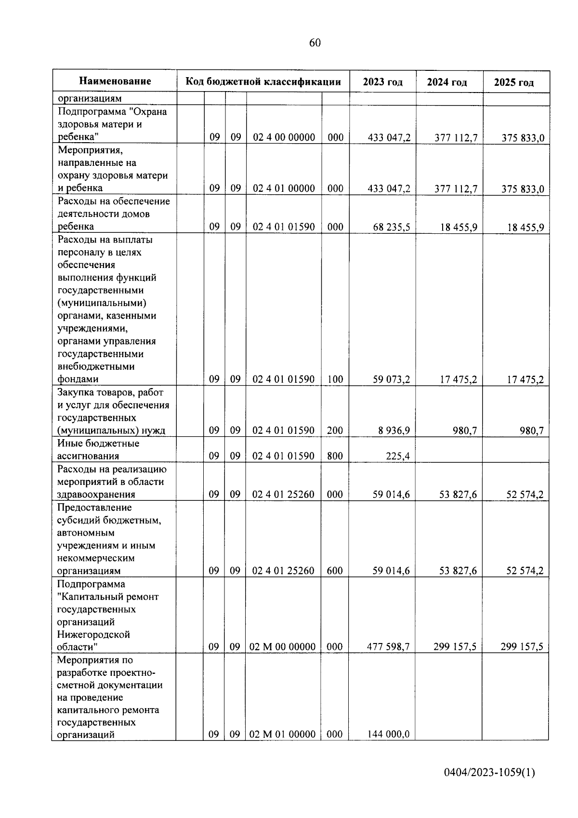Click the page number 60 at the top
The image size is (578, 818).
(315, 43)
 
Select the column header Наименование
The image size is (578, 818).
(115, 81)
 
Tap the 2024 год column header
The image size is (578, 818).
(447, 82)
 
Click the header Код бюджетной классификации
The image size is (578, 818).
(263, 81)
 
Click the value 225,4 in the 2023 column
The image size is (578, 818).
(398, 456)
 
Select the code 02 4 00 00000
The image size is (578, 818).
(284, 137)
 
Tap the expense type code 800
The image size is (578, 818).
(335, 456)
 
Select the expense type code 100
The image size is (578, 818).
(335, 379)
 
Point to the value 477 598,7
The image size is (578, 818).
(388, 647)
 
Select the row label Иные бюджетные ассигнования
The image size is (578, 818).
(98, 449)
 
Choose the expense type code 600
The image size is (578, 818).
(335, 571)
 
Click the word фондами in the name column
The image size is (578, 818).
(78, 379)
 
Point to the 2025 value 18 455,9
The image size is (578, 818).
(525, 227)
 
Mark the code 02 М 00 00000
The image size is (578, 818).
(283, 647)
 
